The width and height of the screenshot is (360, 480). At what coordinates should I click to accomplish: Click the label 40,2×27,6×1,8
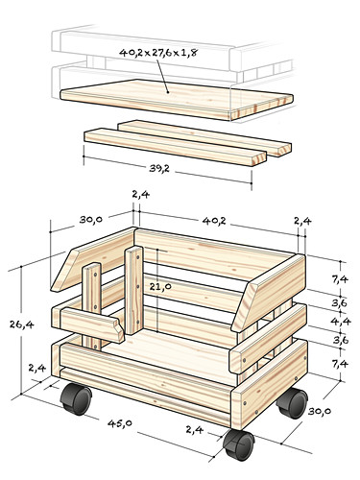pyautogui.click(x=157, y=53)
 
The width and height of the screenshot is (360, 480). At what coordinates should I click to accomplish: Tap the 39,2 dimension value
pyautogui.click(x=159, y=168)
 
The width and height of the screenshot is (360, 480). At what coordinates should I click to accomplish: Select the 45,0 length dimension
pyautogui.click(x=120, y=423)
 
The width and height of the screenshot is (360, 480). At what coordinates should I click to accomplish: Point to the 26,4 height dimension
pyautogui.click(x=21, y=324)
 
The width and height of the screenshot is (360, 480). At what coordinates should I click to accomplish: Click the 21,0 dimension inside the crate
pyautogui.click(x=160, y=286)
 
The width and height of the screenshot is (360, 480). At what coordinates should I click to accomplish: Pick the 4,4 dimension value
pyautogui.click(x=342, y=322)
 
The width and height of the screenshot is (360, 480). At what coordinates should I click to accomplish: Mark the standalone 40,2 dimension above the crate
pyautogui.click(x=214, y=221)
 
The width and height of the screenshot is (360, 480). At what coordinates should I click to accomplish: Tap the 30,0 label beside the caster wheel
pyautogui.click(x=319, y=411)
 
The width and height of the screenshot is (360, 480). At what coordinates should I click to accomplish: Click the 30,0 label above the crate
pyautogui.click(x=91, y=219)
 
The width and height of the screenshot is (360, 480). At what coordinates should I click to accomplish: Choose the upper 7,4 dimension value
pyautogui.click(x=340, y=279)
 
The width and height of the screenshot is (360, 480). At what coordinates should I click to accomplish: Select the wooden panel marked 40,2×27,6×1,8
pyautogui.click(x=177, y=99)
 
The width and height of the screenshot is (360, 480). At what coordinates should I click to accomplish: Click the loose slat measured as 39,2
pyautogui.click(x=176, y=147)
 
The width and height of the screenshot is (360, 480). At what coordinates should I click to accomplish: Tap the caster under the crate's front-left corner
pyautogui.click(x=77, y=399)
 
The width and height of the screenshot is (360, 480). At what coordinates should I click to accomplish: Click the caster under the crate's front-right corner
pyautogui.click(x=239, y=444)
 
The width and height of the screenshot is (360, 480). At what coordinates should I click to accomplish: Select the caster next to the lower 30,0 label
pyautogui.click(x=293, y=403)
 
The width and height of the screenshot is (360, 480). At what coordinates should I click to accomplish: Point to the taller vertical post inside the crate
pyautogui.click(x=133, y=290)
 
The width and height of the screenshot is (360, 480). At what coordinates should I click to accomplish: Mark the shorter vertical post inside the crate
pyautogui.click(x=92, y=305)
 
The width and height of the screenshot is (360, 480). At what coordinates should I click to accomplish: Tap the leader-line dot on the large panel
pyautogui.click(x=168, y=92)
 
